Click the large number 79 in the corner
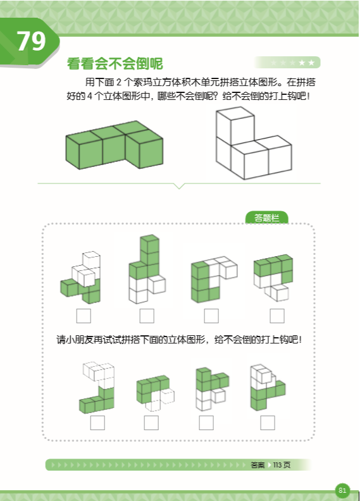click(31, 41)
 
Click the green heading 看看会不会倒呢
click(115, 64)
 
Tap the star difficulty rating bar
click(287, 63)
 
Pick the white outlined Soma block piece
click(251, 144)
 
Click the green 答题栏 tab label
click(266, 218)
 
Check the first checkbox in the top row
click(83, 315)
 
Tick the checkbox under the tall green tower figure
click(147, 315)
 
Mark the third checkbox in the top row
click(211, 315)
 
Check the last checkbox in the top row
click(276, 315)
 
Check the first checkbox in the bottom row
click(97, 423)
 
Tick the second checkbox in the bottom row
click(151, 423)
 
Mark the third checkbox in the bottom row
click(206, 423)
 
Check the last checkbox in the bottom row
click(267, 423)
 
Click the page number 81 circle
click(342, 490)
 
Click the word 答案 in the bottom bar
click(258, 465)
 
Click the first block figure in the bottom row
click(97, 387)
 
